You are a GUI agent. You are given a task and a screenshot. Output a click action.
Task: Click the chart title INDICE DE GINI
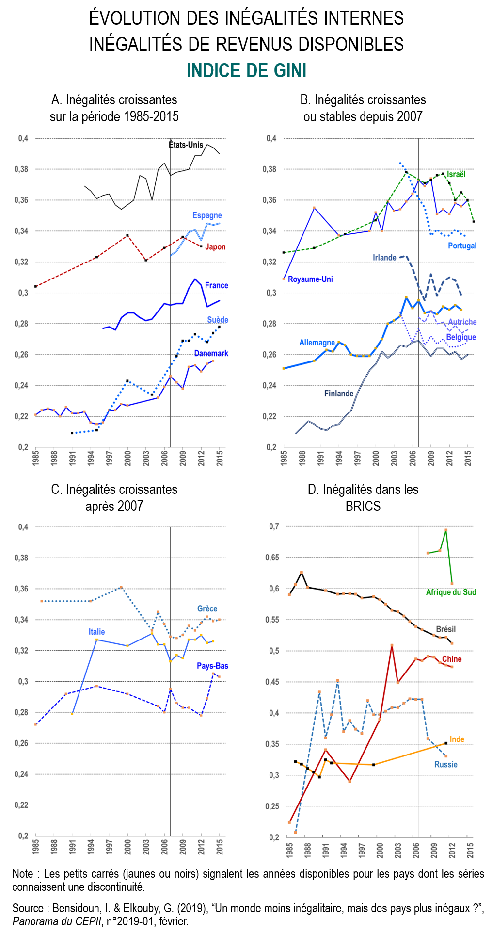pos(246,71)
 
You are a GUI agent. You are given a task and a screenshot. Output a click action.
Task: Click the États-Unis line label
pos(186,145)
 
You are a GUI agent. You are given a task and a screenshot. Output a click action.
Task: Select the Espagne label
pos(207,215)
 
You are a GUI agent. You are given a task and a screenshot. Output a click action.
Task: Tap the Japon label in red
pos(215,247)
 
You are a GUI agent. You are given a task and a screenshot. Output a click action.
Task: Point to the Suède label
pos(217,320)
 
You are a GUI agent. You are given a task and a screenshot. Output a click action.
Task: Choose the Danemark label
pos(211,353)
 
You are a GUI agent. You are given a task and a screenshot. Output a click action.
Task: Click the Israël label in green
pos(456,174)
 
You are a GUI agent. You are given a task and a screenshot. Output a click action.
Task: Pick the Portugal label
pos(462,246)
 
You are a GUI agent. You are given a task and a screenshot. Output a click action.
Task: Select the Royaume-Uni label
pos(310,279)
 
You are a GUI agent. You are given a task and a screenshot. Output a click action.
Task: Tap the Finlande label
pos(339,394)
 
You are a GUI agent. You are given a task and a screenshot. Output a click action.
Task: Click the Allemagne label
pos(317,343)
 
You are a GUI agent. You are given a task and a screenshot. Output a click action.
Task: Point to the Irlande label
pos(384,258)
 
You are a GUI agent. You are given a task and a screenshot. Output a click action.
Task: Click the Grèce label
pos(207,608)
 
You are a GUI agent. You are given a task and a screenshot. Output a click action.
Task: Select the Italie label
pos(96,632)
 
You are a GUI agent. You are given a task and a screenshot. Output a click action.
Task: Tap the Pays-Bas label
pos(212,666)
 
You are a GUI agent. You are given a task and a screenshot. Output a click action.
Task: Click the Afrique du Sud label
pos(451,592)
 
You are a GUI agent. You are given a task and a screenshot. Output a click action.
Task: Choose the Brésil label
pos(445,629)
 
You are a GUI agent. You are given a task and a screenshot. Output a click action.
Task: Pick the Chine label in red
pos(451,659)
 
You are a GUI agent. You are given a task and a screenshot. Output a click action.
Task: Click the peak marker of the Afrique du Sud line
pos(446,530)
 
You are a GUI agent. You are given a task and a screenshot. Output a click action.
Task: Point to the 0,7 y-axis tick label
pos(274,526)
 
